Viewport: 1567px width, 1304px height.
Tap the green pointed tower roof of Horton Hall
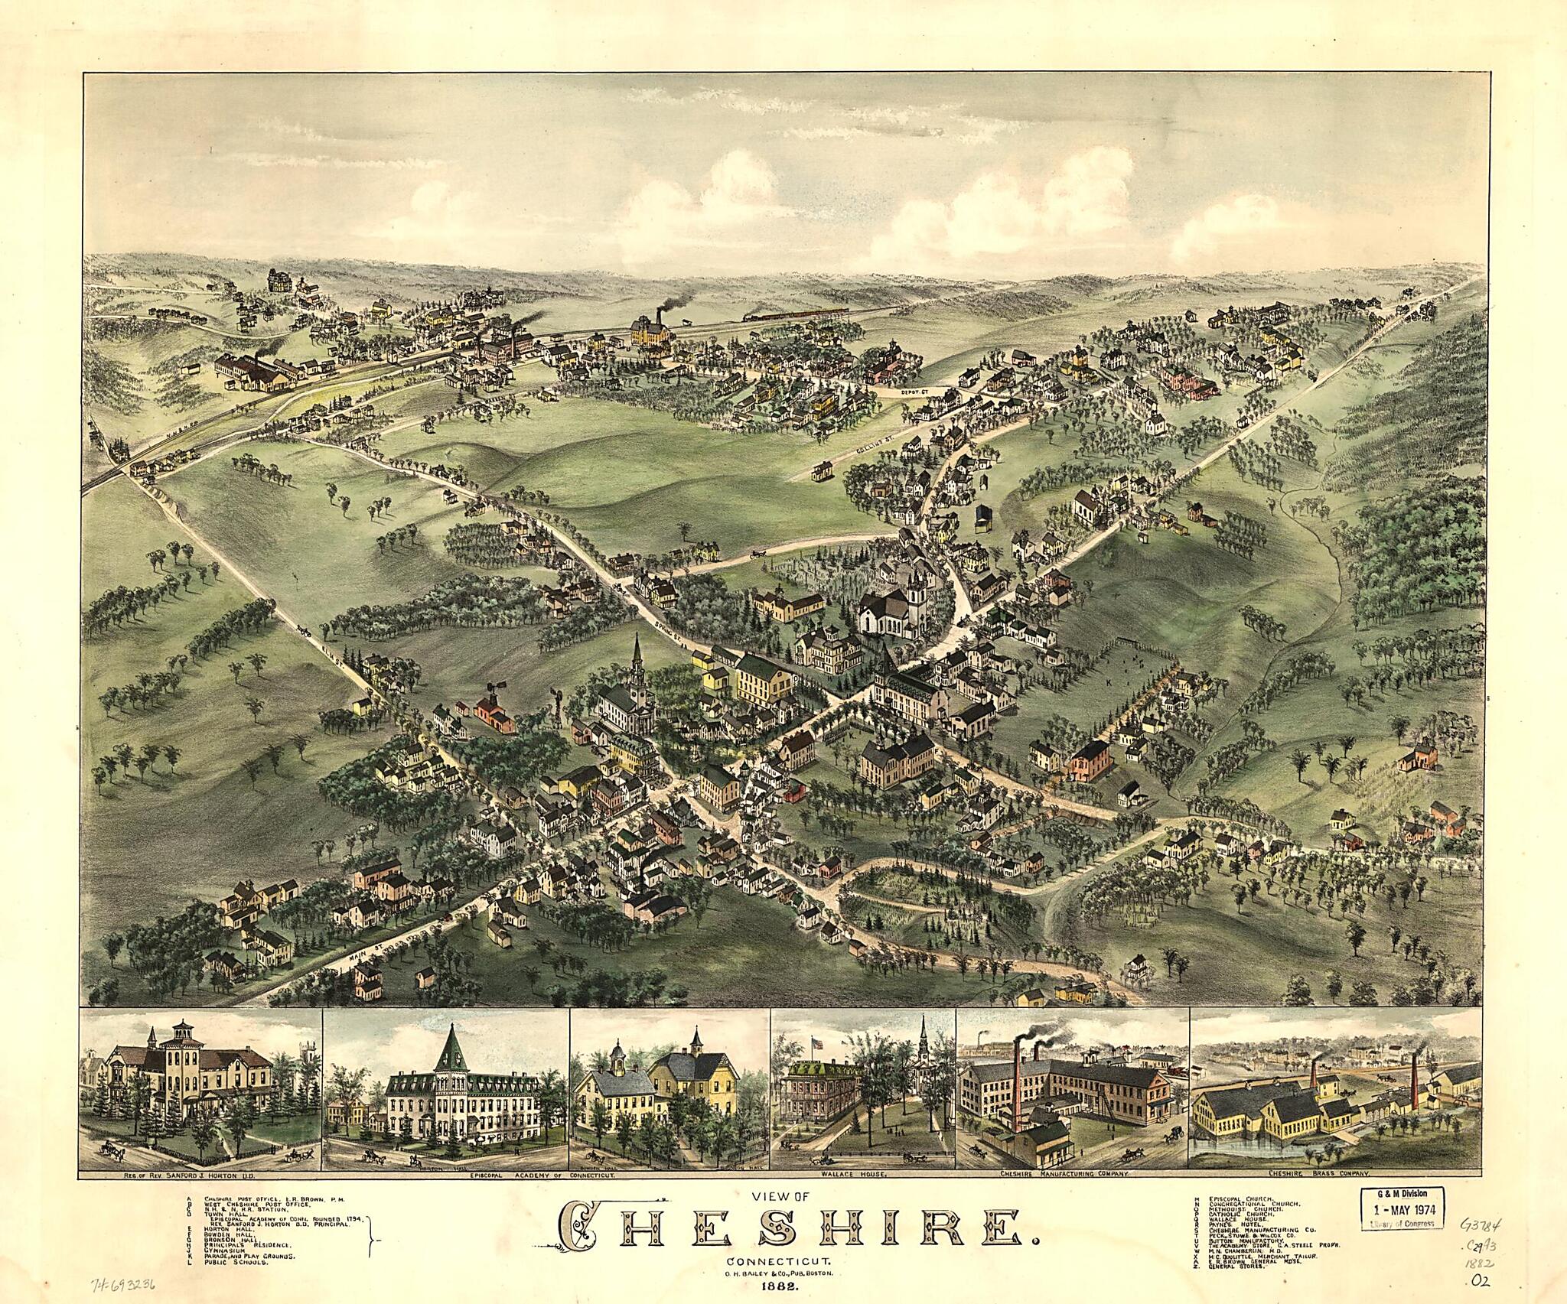[446, 1049]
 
